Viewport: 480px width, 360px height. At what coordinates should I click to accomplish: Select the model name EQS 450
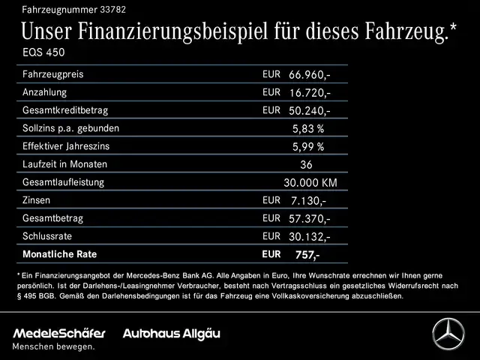click(43, 55)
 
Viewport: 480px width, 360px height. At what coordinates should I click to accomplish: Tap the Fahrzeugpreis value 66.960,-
click(309, 75)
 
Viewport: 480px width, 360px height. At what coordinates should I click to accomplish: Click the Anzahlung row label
click(45, 92)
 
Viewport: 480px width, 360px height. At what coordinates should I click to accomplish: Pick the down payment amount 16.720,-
click(309, 93)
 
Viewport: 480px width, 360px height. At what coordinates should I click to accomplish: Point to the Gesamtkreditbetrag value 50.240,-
click(309, 110)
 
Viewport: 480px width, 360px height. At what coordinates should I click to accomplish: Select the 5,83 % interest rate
click(307, 128)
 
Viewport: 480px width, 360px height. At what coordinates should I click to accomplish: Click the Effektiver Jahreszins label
click(71, 146)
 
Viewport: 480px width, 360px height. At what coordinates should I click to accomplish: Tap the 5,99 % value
click(307, 146)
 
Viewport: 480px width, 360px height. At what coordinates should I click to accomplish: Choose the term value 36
click(306, 164)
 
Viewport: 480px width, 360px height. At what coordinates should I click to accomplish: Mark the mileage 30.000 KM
click(310, 182)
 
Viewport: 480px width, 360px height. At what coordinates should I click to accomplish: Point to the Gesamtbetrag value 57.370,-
click(309, 218)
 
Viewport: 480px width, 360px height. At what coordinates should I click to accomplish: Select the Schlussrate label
click(49, 236)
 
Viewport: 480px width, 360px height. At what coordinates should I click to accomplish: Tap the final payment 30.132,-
click(309, 237)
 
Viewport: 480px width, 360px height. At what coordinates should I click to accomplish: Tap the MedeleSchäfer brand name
click(58, 333)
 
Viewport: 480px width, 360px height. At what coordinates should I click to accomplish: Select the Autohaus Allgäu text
click(172, 333)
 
